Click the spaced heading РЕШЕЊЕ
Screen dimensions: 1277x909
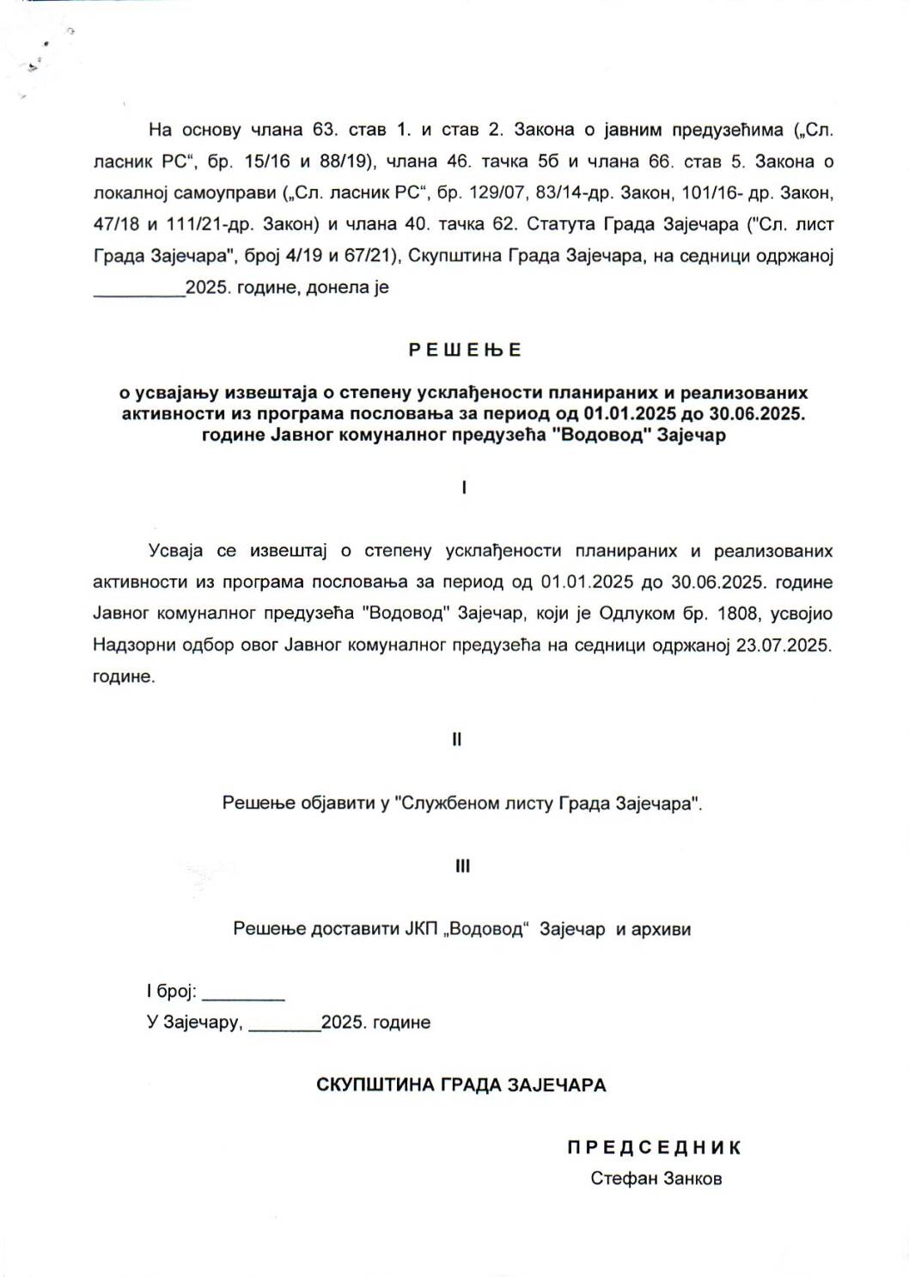(465, 350)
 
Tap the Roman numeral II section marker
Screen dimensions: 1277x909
(457, 739)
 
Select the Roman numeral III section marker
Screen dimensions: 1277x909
(462, 866)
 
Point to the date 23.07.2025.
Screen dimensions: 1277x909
(784, 645)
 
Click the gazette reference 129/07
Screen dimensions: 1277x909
(496, 192)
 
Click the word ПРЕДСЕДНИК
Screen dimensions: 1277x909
(654, 1147)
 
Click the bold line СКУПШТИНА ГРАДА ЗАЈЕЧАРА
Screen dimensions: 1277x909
(461, 1085)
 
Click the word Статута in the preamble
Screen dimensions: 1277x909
(559, 224)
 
